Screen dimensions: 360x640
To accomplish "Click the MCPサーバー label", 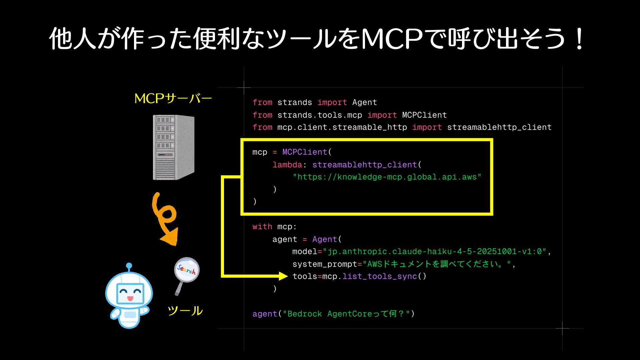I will coord(173,99).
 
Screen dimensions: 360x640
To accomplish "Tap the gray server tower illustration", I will coord(173,147).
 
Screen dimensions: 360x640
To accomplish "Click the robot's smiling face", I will coord(130,293).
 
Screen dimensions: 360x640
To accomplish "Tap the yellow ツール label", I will coord(185,311).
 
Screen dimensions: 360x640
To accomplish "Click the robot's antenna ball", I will coord(129,266).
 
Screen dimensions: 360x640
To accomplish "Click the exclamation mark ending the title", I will coord(580,39).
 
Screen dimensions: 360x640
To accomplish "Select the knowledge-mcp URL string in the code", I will coord(387,177).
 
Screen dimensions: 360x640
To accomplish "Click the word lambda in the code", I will coord(287,165).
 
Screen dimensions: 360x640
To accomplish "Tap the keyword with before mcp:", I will coord(262,227).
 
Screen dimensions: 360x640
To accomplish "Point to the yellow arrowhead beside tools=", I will coord(283,276).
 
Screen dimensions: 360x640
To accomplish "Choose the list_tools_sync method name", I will coord(380,276).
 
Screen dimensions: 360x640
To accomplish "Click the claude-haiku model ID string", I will coord(435,252).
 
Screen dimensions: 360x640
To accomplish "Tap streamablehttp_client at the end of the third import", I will coord(499,127).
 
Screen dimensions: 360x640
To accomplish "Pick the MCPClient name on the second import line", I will coord(424,115).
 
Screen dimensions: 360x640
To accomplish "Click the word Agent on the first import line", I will coord(364,102).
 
